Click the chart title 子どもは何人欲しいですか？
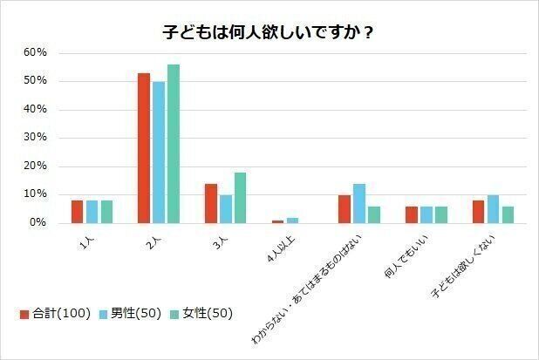(269, 32)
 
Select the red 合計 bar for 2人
(144, 148)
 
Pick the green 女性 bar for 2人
(173, 144)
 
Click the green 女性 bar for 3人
(240, 198)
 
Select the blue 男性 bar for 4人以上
(292, 221)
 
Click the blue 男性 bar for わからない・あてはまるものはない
(358, 203)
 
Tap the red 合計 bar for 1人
(77, 212)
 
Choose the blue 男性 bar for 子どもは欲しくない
(493, 209)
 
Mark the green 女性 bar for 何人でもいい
(440, 214)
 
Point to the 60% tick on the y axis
(35, 52)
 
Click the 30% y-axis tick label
(35, 138)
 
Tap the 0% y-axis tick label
(38, 223)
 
